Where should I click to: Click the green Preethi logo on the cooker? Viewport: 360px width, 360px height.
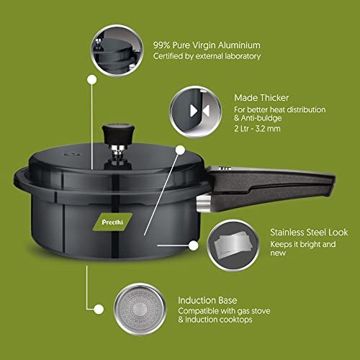112,222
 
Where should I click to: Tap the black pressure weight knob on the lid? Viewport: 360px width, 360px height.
118,134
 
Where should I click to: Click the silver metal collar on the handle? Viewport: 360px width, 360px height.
204,203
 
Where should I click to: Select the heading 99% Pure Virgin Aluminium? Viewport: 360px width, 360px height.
207,45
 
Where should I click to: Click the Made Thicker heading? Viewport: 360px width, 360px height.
261,98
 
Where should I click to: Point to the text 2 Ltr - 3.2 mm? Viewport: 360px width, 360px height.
257,129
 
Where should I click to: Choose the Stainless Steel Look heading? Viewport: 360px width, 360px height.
309,232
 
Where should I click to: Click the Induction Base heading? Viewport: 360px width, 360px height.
207,300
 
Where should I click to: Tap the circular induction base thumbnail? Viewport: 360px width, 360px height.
140,309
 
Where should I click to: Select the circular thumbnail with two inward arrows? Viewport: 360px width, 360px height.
196,112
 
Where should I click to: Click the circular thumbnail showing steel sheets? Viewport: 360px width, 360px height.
233,246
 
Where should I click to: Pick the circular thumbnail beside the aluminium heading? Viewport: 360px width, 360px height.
117,50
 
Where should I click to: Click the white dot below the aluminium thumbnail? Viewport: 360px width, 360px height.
92,79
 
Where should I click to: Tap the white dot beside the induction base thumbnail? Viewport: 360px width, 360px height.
99,309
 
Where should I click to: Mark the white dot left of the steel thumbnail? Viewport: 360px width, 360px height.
194,246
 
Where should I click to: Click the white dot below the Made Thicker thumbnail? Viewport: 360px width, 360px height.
180,150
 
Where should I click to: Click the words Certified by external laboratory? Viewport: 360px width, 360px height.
207,56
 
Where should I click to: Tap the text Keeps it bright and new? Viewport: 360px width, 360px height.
303,248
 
